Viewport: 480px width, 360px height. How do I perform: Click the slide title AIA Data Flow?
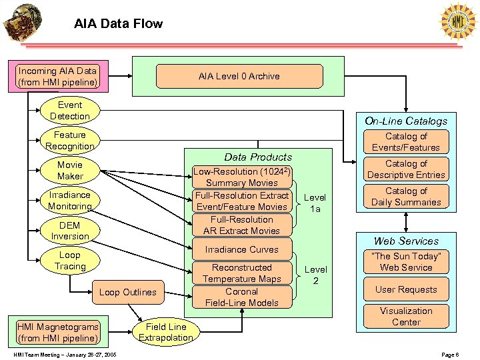coord(118,24)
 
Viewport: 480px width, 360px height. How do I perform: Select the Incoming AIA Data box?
coord(57,77)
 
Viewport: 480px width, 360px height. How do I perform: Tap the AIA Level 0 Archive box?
coord(239,76)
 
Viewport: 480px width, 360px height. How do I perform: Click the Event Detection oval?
coord(70,111)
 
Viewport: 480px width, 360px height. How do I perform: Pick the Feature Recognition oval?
coord(70,141)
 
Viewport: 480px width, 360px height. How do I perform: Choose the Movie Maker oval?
coord(70,171)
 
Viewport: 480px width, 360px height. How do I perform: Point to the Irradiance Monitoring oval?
coord(70,201)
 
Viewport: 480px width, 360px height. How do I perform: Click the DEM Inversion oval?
coord(70,231)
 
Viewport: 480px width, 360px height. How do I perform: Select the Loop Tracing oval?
coord(70,261)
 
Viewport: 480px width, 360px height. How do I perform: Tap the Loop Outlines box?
coord(127,292)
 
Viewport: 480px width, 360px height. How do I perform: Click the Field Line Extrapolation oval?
coord(165,332)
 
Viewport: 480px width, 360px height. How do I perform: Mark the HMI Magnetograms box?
coord(57,332)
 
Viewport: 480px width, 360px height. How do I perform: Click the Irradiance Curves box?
coord(241,249)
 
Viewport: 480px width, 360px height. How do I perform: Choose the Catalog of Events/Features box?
coord(405,142)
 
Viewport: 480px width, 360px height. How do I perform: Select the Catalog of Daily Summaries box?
coord(405,197)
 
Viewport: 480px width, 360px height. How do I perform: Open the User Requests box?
coord(405,289)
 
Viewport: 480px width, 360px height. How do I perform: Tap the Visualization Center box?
coord(405,317)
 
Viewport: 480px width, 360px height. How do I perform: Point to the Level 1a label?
coord(315,203)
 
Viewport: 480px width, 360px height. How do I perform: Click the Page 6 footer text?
coord(450,355)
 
